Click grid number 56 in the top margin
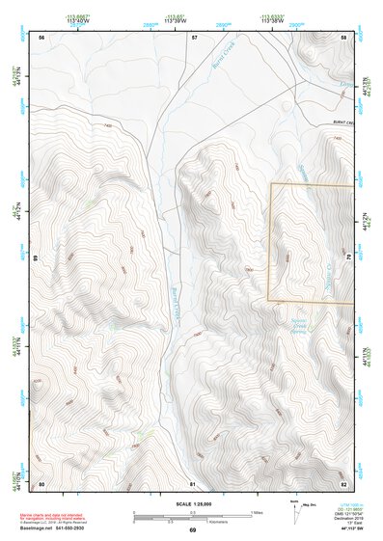point(41,37)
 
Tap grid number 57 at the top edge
point(193,37)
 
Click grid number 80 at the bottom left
point(41,482)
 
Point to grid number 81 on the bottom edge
point(193,482)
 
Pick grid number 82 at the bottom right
point(343,482)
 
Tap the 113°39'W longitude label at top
point(176,20)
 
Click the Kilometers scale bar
point(192,520)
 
